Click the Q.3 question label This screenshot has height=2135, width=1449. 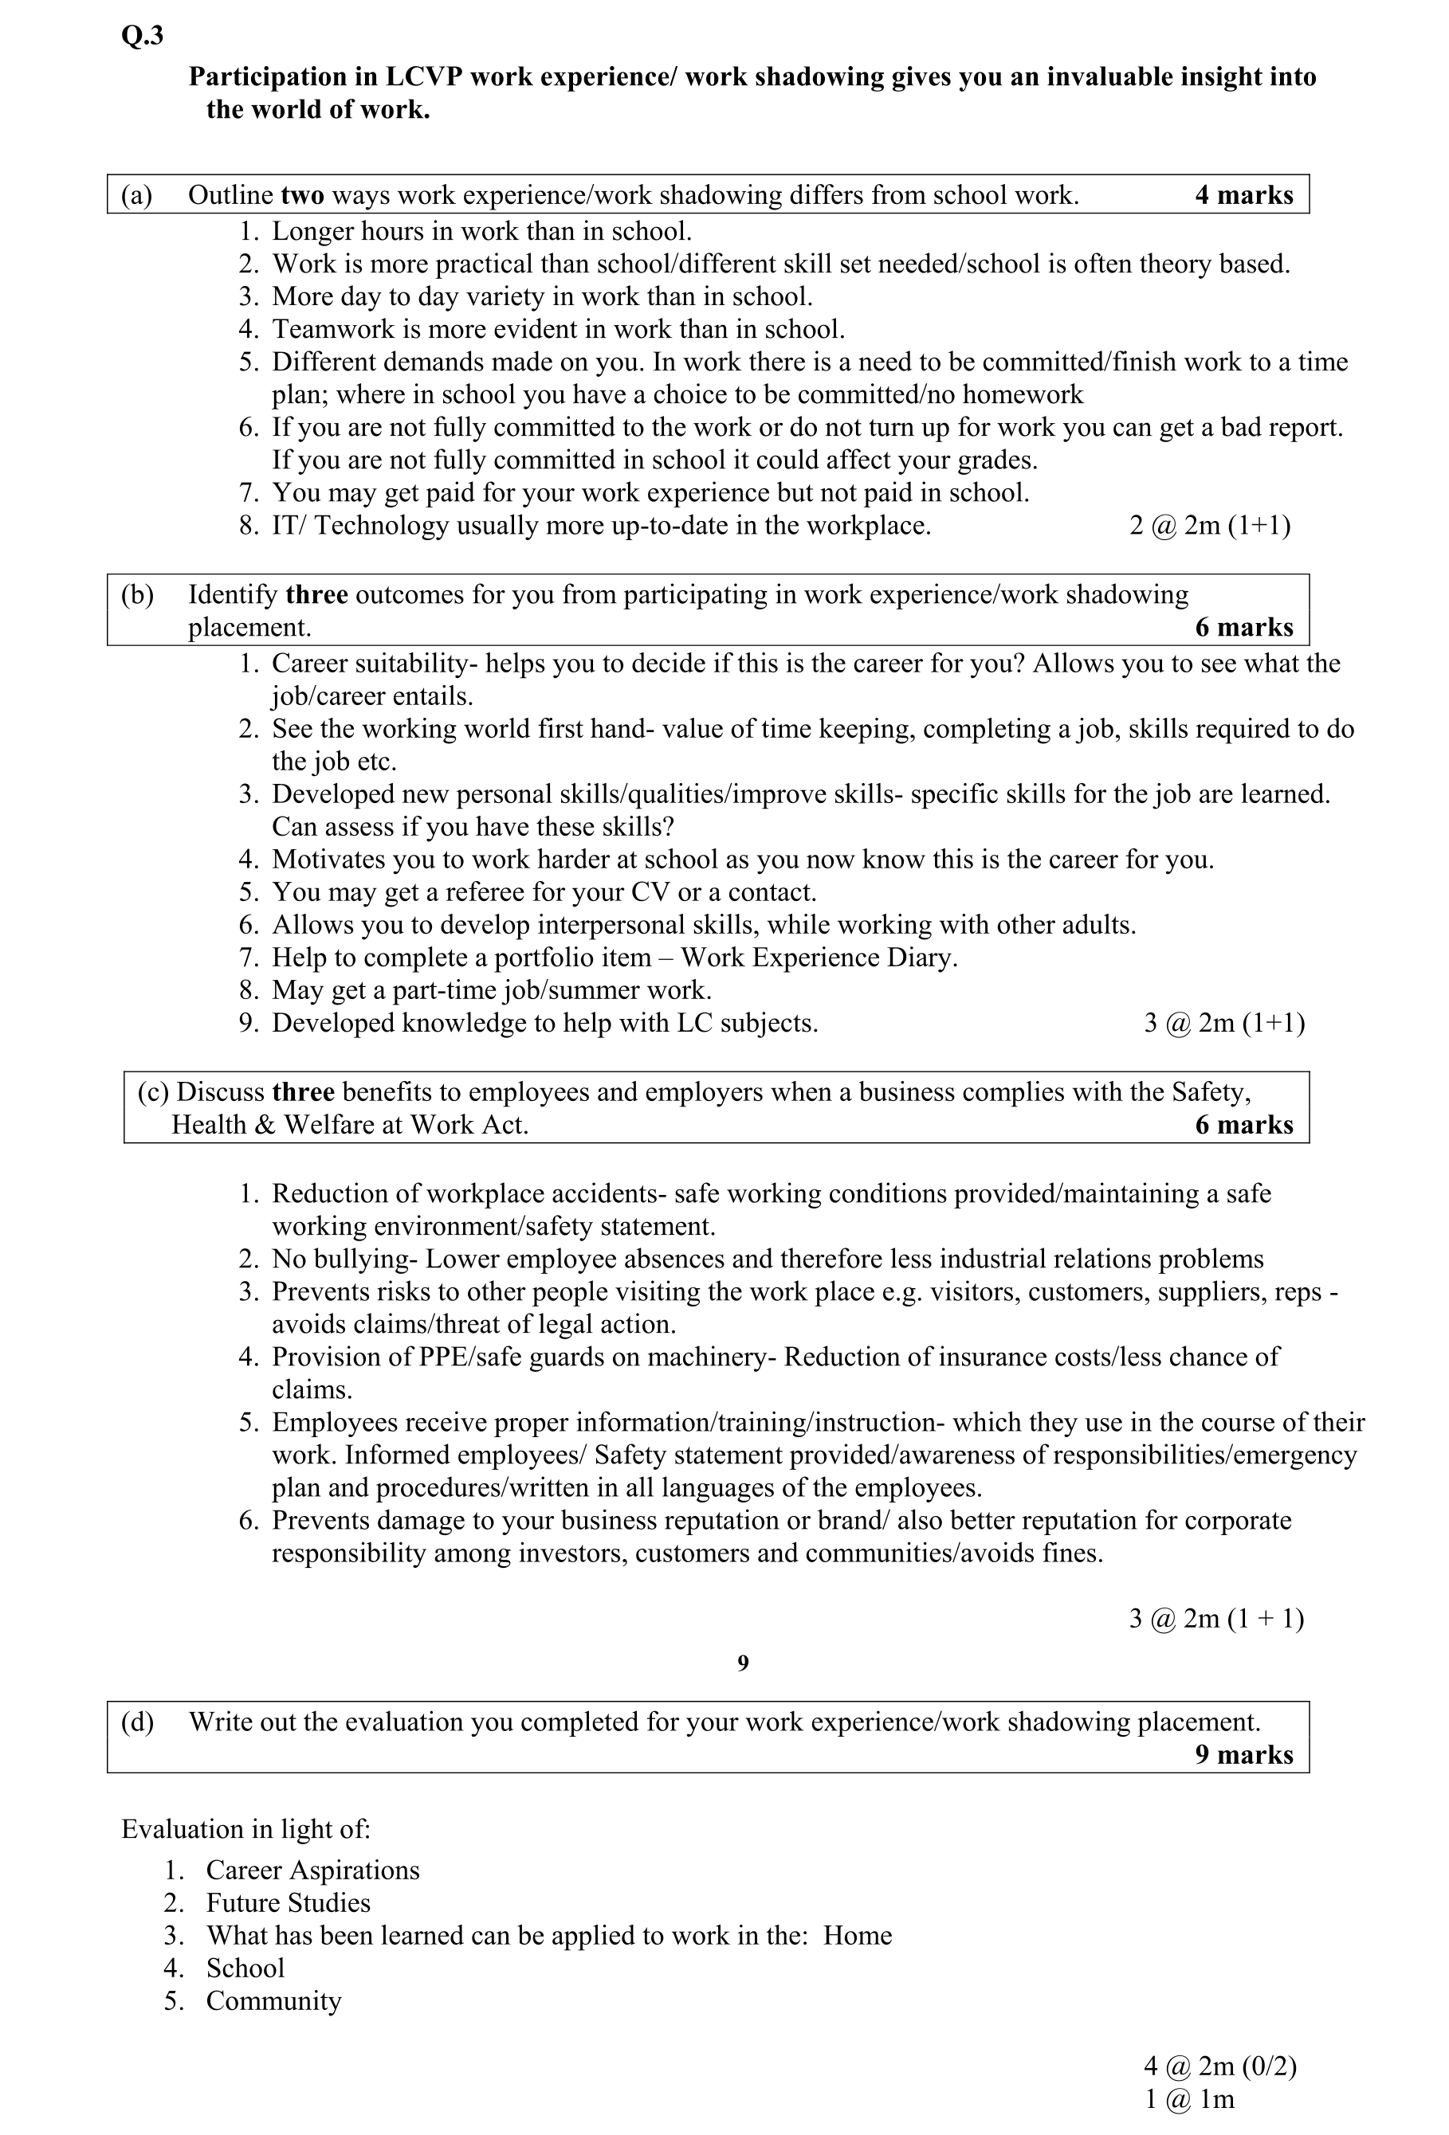click(x=142, y=36)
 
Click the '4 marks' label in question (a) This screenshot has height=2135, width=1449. click(x=1243, y=194)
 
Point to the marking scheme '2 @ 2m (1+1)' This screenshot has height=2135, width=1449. click(x=1209, y=526)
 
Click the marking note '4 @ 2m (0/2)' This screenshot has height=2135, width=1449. click(x=1219, y=2066)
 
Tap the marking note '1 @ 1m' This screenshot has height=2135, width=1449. click(x=1189, y=2099)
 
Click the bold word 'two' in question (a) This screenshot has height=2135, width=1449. click(x=301, y=194)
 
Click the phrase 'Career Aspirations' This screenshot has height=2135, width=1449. click(x=312, y=1870)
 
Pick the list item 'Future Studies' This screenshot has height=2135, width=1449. click(x=288, y=1902)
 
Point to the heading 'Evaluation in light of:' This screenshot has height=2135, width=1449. click(x=245, y=1828)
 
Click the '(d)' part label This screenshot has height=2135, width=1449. click(x=138, y=1721)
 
